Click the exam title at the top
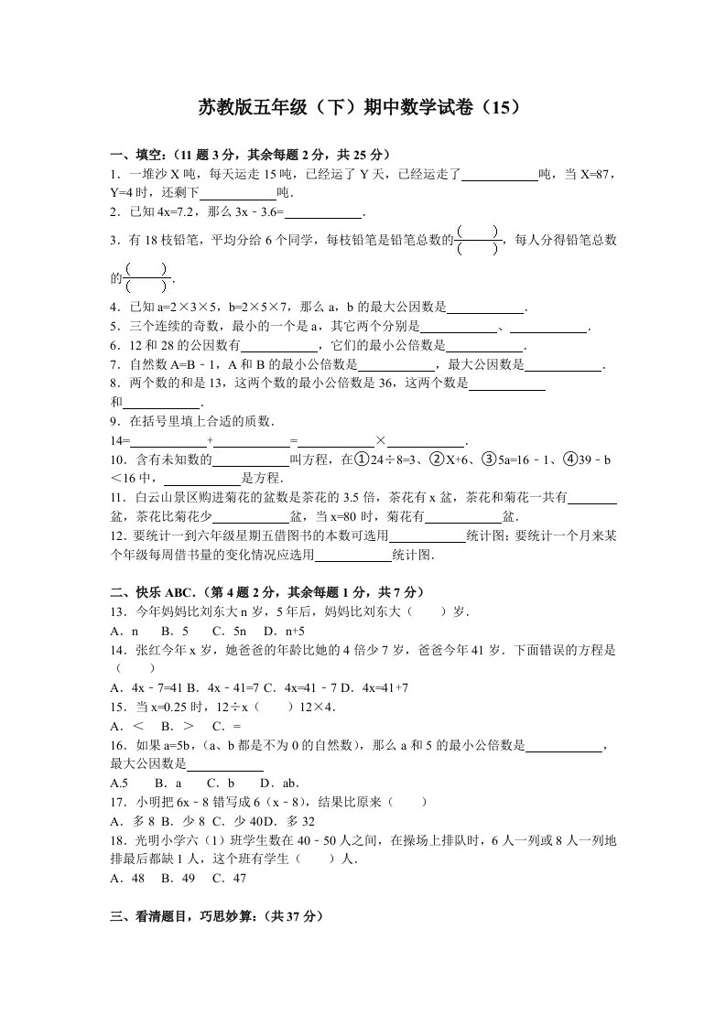click(363, 107)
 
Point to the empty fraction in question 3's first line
click(477, 240)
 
